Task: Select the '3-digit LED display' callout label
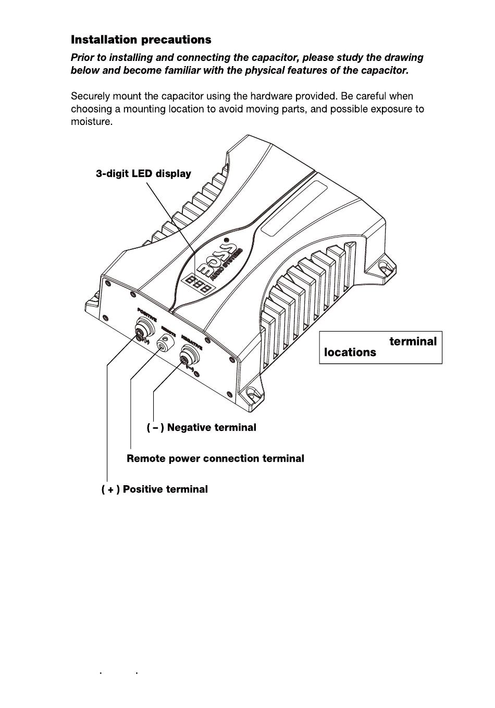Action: click(143, 174)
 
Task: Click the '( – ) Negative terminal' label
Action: click(202, 427)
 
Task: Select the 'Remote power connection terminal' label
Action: click(215, 459)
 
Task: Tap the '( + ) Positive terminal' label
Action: click(155, 489)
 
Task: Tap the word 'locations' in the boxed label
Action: click(350, 352)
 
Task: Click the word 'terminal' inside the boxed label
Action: click(413, 342)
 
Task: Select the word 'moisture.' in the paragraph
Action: click(92, 122)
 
